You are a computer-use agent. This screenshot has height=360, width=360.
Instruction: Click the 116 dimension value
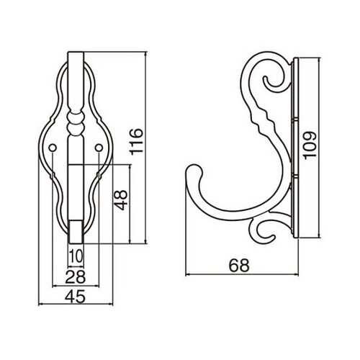tap(136, 142)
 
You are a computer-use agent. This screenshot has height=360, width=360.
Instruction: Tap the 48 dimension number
tap(120, 200)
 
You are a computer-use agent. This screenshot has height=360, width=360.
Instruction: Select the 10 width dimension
tap(76, 256)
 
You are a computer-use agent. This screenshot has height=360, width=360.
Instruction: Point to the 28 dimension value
tap(76, 276)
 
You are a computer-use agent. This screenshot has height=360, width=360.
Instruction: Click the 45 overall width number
tap(75, 296)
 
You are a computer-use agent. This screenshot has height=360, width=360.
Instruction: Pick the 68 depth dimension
tap(239, 265)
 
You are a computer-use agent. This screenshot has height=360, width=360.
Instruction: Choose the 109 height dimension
tap(310, 145)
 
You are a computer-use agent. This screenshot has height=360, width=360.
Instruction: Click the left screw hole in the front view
tap(53, 148)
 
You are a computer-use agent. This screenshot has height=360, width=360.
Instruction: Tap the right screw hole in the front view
tap(99, 148)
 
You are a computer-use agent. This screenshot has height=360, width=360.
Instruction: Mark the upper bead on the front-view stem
tap(76, 118)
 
